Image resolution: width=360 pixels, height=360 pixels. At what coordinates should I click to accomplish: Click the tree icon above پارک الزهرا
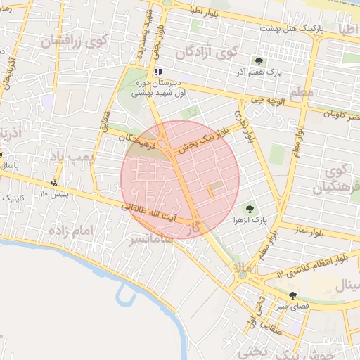[249, 208]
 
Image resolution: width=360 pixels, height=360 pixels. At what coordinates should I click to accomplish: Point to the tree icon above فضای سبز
[292, 295]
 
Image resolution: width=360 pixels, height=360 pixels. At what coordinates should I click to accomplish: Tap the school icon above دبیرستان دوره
[158, 72]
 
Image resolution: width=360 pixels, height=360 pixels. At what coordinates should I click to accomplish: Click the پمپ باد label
[79, 155]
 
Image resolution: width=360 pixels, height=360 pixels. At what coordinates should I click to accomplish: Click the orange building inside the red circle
[209, 192]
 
